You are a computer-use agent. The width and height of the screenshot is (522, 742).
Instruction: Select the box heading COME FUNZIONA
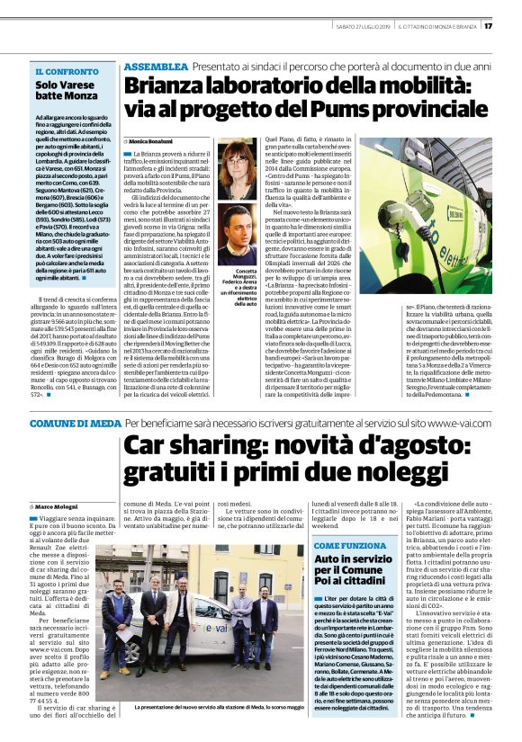point(350,546)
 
